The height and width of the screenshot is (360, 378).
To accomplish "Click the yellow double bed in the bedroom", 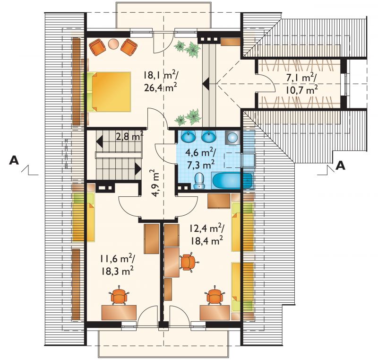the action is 111,91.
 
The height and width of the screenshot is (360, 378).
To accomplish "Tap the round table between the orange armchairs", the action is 113,44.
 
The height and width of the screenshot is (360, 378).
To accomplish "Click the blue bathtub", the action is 232,181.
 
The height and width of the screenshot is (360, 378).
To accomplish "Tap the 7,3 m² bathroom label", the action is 200,165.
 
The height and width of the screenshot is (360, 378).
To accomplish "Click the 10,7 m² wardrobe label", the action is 301,90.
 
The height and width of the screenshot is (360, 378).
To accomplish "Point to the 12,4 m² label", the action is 206,228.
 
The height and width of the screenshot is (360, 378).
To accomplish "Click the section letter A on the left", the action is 14,160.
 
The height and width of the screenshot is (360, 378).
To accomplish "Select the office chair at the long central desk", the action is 189,262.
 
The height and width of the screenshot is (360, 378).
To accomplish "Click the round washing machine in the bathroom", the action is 232,138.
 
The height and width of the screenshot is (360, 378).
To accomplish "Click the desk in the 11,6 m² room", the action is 119,313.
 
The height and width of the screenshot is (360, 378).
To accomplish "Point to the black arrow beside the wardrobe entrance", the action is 206,84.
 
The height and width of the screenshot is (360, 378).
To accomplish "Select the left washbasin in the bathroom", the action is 188,137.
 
